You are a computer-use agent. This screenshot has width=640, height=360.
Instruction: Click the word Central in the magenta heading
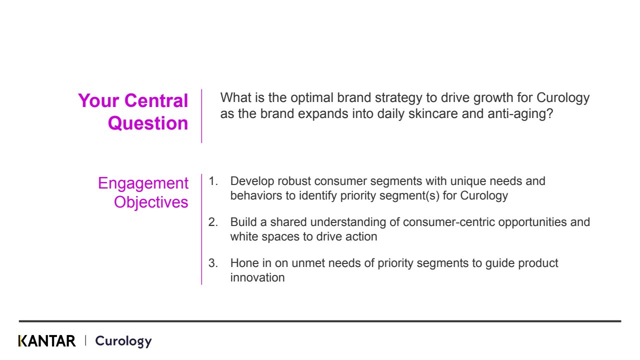pos(156,100)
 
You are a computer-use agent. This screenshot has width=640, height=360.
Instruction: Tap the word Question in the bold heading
pos(148,123)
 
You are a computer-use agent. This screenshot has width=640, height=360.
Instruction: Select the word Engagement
pos(143,183)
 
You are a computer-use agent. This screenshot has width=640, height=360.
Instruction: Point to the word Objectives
pos(151,202)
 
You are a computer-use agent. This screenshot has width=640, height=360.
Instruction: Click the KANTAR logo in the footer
pos(47,341)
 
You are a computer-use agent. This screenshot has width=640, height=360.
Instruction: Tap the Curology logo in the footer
pos(123,341)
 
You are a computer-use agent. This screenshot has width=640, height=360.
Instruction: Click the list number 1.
pos(213,181)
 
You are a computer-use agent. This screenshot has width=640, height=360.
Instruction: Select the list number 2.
pos(213,222)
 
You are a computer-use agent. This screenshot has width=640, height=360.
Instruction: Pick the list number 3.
pos(213,263)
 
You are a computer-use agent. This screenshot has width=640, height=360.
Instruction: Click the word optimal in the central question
pos(312,98)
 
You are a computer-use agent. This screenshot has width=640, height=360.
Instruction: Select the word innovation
pos(257,277)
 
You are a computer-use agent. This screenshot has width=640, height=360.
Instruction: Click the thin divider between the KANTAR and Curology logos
pos(85,340)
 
